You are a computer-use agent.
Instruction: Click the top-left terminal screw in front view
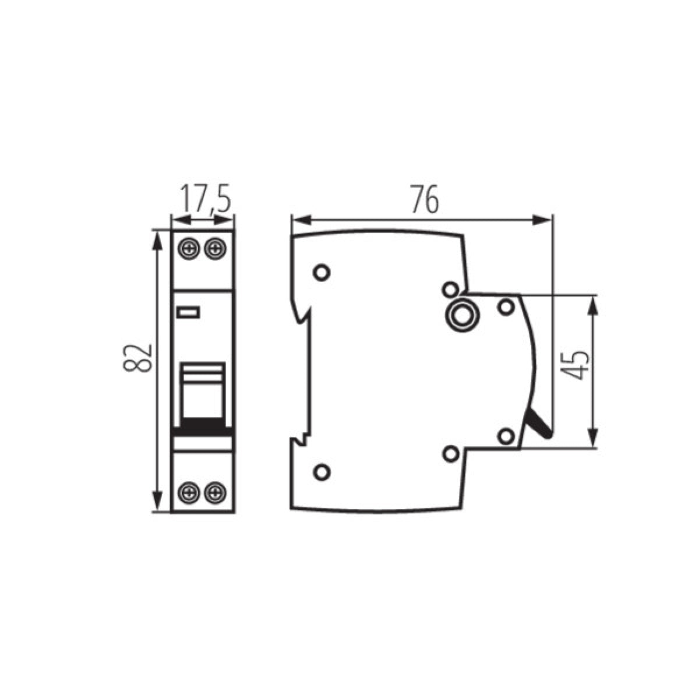pos(189,249)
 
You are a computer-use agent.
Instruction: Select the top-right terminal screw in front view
pos(216,249)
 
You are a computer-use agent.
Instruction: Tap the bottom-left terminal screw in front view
pos(189,493)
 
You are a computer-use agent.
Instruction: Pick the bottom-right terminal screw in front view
pos(216,493)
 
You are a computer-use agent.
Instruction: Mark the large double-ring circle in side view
pos(463,316)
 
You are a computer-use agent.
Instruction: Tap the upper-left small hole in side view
pos(321,272)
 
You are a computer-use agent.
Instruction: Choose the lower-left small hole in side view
pos(321,471)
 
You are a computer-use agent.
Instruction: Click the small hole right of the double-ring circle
pos(506,306)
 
